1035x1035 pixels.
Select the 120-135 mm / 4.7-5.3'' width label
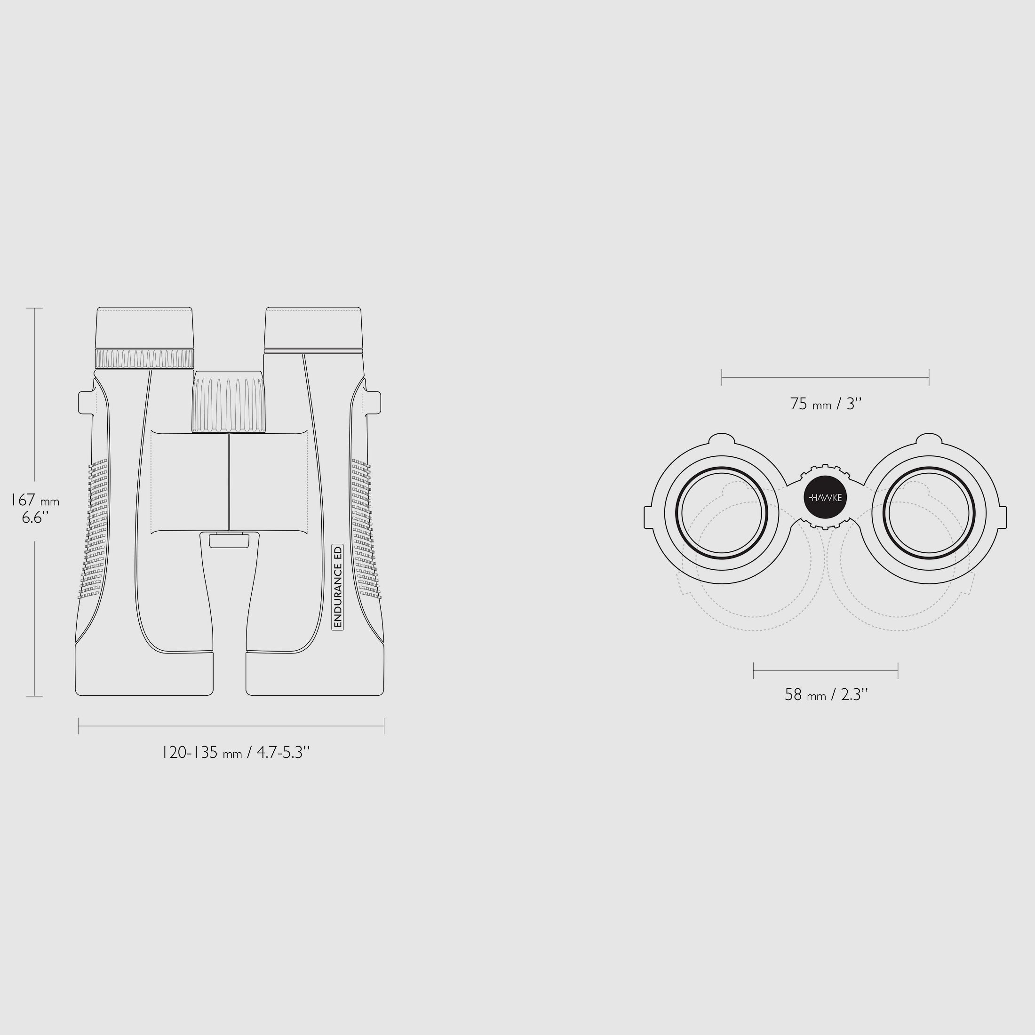(x=236, y=753)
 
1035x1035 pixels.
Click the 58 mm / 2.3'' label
(x=826, y=695)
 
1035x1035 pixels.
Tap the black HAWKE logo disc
(x=825, y=498)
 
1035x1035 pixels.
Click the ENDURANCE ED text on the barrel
(x=337, y=587)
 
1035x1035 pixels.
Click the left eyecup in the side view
(x=144, y=327)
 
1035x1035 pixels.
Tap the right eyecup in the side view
(x=313, y=327)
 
